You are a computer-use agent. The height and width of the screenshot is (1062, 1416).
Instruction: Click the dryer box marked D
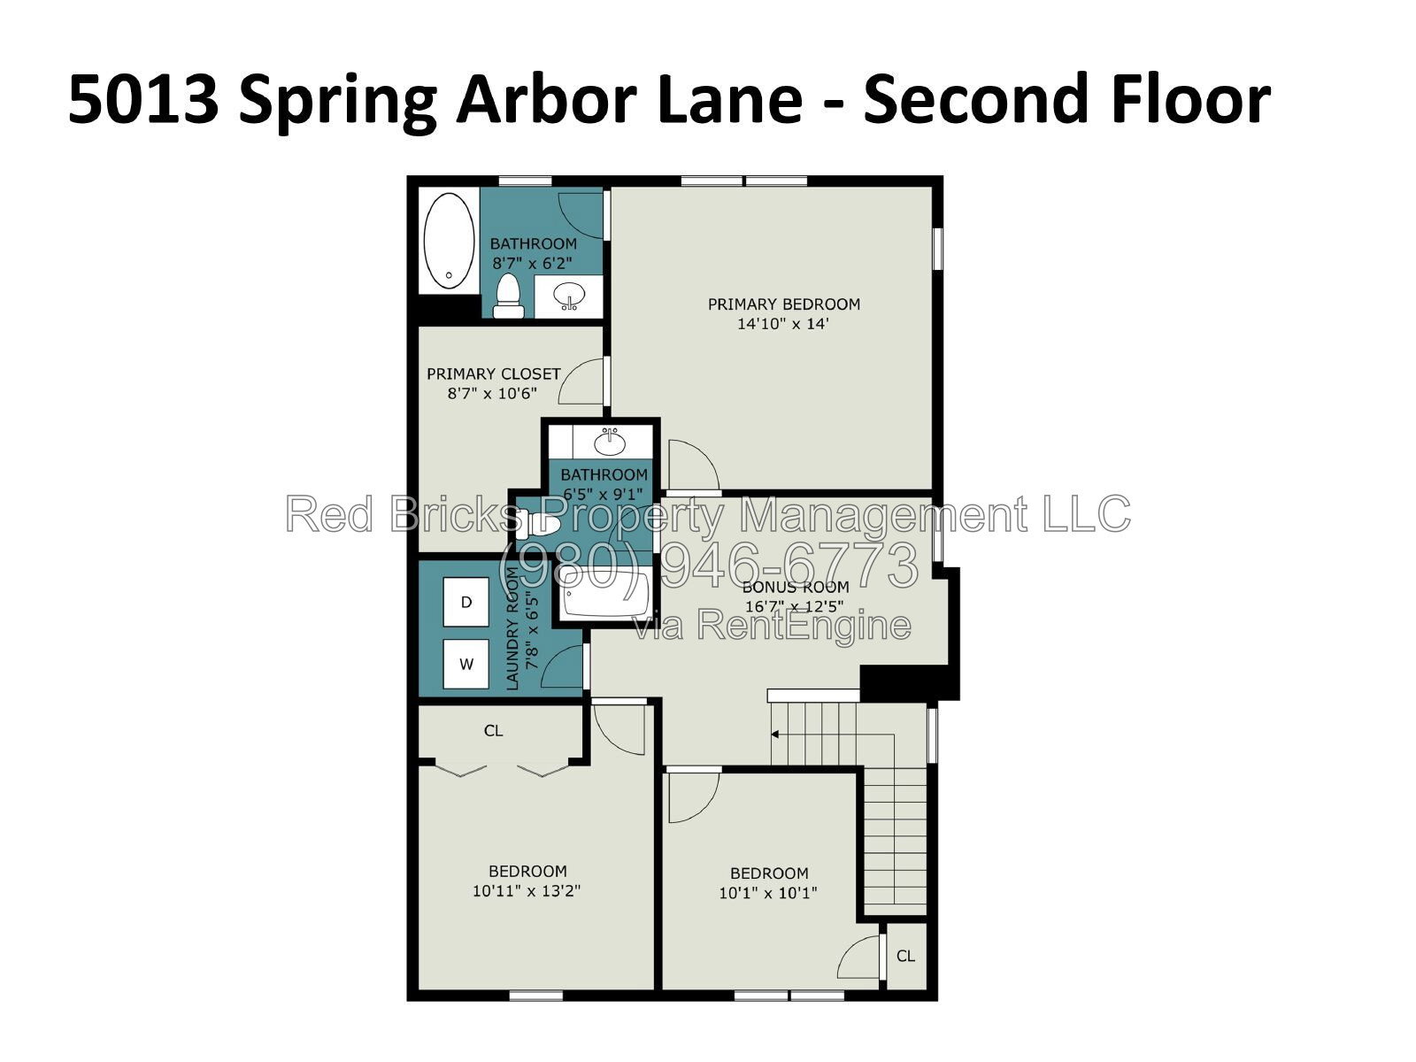point(466,602)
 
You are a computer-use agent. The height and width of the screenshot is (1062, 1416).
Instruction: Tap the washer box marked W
point(466,664)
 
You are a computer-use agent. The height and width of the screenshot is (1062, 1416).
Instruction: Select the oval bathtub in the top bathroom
point(449,241)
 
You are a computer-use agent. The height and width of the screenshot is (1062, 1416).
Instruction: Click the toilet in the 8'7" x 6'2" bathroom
point(508,296)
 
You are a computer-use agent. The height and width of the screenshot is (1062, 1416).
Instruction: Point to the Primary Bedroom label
point(784,304)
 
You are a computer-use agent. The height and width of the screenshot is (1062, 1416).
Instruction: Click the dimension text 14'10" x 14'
point(782,324)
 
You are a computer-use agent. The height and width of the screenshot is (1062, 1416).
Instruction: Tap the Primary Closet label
point(494,374)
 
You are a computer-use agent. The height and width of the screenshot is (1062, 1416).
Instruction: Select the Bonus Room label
point(796,587)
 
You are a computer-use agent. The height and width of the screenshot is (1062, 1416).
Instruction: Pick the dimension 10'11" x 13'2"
point(527,891)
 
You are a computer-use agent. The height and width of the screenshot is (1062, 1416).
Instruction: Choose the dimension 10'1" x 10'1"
point(768,893)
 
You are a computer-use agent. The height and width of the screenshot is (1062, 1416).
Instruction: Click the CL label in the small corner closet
point(905,957)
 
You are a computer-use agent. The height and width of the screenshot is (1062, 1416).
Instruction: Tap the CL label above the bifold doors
point(494,731)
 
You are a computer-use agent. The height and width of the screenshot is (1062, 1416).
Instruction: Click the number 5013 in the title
point(143,99)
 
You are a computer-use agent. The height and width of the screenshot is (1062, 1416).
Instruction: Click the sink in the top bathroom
point(569,296)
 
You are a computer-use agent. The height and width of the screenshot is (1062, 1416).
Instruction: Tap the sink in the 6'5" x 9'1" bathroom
point(610,442)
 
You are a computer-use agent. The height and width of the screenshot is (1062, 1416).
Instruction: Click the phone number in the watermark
point(708,565)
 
